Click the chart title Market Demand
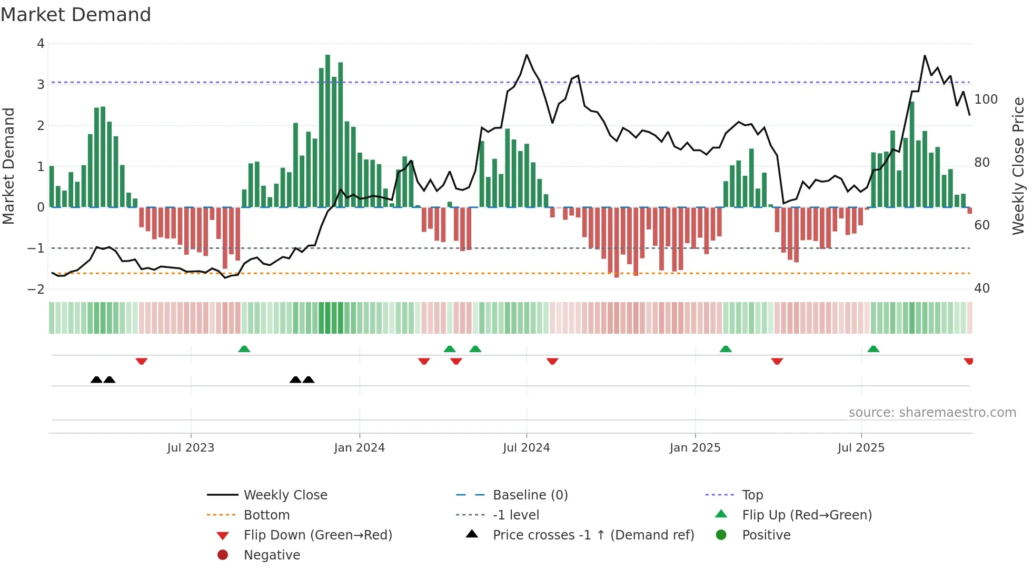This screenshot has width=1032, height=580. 76,15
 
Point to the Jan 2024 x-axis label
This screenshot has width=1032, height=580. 359,448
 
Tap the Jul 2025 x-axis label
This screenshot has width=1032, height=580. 861,448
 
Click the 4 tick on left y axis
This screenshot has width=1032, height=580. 41,44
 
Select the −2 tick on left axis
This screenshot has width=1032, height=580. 36,289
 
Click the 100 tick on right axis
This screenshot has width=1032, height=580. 986,99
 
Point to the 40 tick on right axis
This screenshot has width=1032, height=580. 981,288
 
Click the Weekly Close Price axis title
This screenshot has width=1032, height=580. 1018,166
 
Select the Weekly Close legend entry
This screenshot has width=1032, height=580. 285,495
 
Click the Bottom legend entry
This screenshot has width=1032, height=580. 266,515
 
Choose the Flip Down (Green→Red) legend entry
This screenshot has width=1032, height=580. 317,535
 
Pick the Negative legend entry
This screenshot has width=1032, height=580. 272,555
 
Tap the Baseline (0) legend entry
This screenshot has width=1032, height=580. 530,495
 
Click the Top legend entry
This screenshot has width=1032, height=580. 752,495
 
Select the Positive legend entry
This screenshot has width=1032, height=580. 766,535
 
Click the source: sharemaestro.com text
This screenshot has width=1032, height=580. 932,413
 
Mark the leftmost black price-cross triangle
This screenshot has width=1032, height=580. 96,379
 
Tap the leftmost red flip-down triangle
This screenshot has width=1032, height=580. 141,361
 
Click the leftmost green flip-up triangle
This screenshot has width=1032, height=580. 244,349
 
